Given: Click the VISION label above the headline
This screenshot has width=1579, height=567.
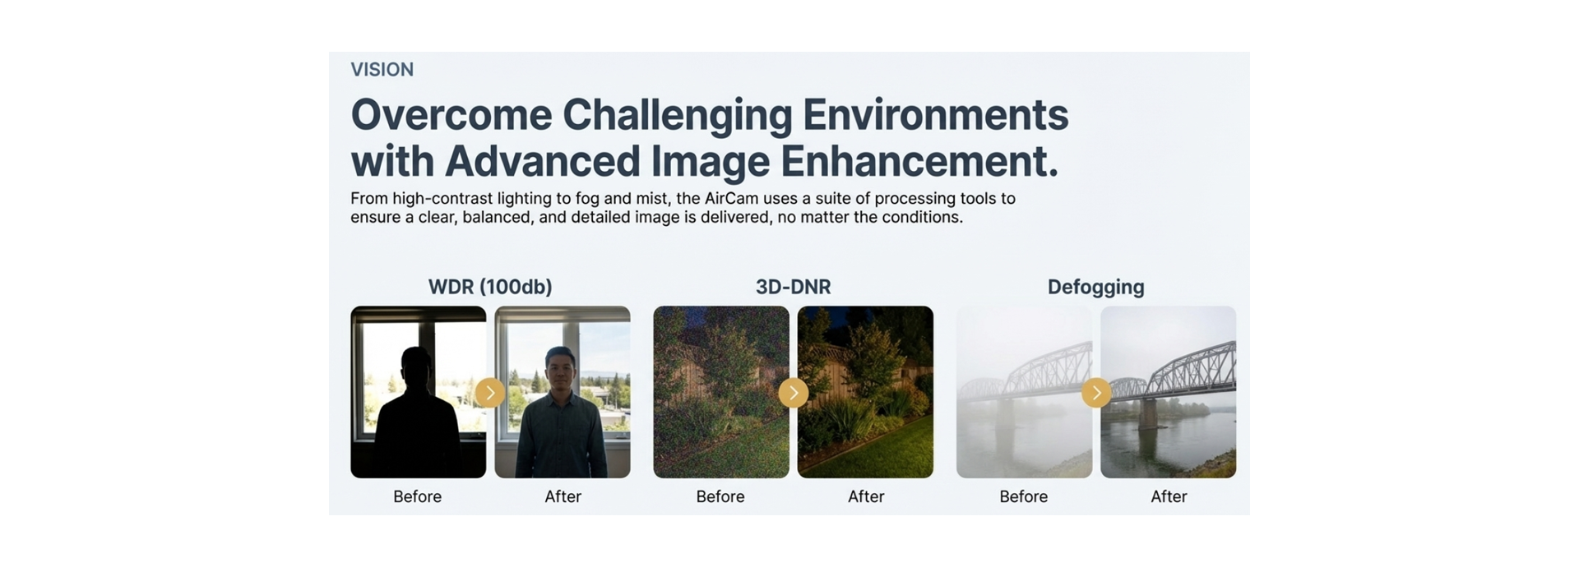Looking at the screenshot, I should tap(382, 70).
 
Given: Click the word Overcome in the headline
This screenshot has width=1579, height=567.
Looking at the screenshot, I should tap(451, 115).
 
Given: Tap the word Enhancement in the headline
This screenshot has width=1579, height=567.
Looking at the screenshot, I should tap(918, 161).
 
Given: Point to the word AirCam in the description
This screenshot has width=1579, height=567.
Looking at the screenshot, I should tap(731, 199).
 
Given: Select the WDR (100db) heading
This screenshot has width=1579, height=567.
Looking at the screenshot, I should tap(490, 287).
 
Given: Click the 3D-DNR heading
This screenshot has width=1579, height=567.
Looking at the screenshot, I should tap(793, 287).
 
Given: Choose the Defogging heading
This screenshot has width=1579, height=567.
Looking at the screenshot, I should tap(1095, 287).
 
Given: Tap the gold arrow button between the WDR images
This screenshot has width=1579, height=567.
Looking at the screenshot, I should tap(490, 393).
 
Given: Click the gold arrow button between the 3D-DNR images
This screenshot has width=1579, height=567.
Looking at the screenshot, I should tap(794, 393).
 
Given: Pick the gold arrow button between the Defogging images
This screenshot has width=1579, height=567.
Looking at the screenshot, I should tap(1096, 393).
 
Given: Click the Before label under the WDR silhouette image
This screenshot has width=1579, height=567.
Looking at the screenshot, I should tap(417, 496).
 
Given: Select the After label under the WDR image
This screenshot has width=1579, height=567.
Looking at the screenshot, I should tap(563, 496).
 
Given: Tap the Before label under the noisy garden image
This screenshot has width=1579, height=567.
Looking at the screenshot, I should tap(720, 496).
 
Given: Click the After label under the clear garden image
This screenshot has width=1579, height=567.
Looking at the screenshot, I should tap(866, 496).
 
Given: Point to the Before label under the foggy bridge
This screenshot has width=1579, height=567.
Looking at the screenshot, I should tap(1023, 496).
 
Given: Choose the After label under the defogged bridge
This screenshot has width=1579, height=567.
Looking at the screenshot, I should tap(1169, 496).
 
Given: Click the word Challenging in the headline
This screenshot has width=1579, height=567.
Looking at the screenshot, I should tap(676, 115).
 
